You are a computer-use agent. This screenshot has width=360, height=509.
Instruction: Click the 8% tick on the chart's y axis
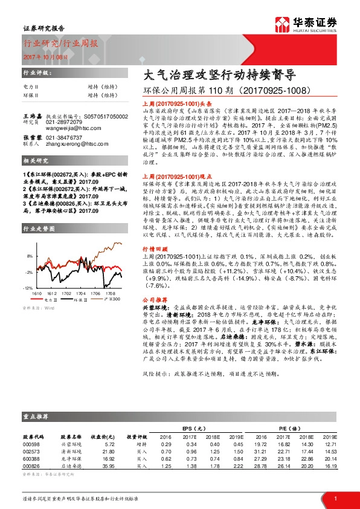28,256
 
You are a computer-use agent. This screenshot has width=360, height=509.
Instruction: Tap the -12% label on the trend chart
28,288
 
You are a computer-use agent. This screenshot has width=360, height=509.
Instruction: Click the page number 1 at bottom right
334,498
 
